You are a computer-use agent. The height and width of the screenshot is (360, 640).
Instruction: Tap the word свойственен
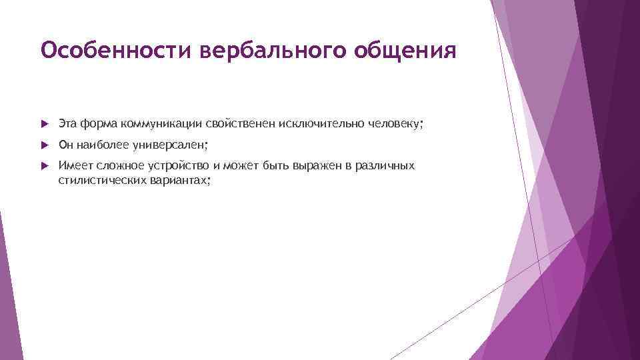(239, 123)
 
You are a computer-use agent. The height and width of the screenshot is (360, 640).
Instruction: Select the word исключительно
(316, 123)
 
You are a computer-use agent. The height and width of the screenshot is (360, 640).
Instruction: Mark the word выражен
(320, 165)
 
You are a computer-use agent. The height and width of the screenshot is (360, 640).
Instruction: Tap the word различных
(386, 165)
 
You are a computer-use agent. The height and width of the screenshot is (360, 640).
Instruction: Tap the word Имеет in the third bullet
(73, 165)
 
